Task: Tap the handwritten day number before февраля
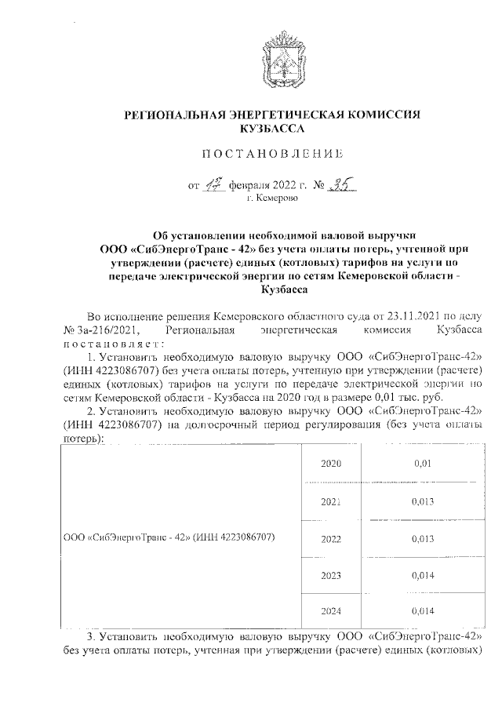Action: (x=213, y=185)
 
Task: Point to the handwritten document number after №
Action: (x=342, y=185)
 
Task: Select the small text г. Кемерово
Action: (x=272, y=199)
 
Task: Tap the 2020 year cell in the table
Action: (x=332, y=464)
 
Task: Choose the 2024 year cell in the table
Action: (x=332, y=610)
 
